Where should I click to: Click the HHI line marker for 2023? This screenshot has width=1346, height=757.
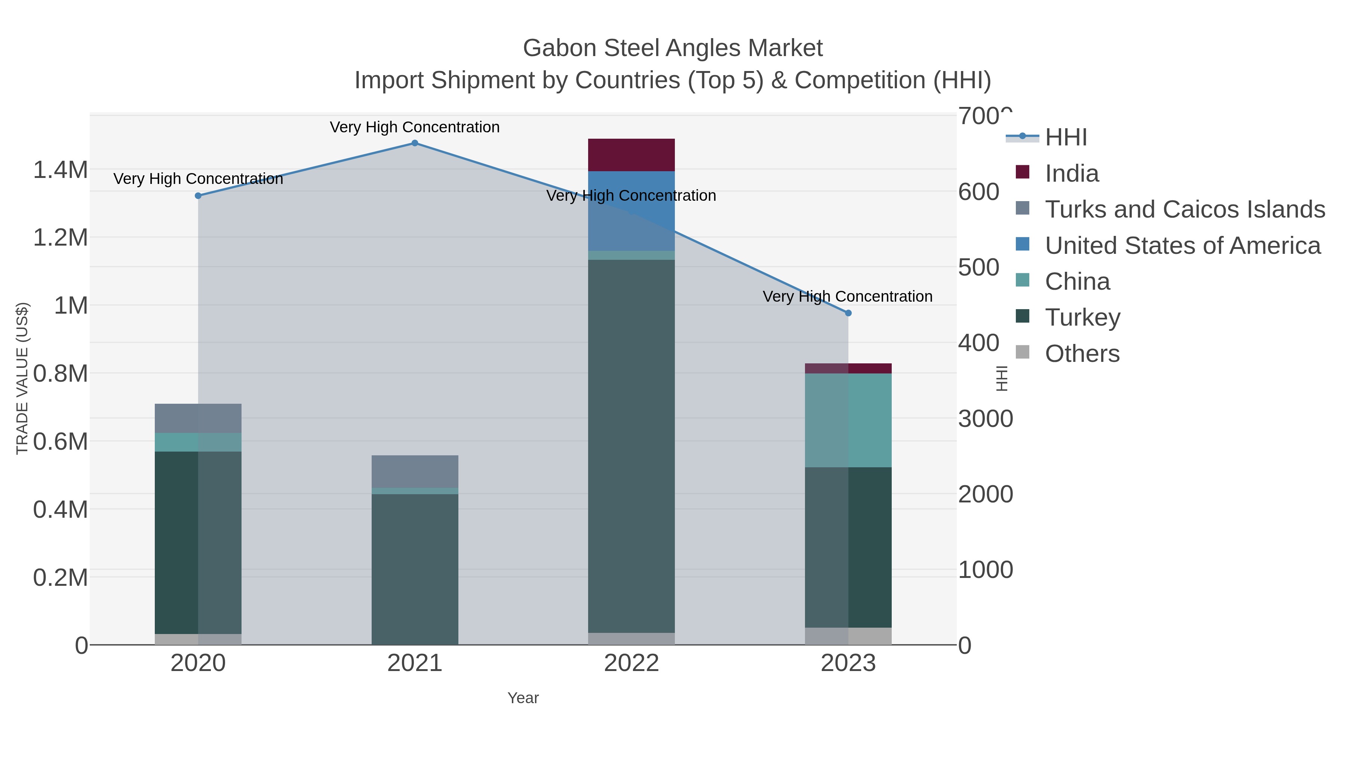(848, 313)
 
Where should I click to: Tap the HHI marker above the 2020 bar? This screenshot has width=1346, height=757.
(198, 196)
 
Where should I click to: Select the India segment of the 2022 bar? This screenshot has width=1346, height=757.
(631, 155)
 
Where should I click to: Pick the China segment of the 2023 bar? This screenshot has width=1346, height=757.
(848, 420)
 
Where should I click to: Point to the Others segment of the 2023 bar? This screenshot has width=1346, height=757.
(848, 636)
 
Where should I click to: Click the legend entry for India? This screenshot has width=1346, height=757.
(1072, 173)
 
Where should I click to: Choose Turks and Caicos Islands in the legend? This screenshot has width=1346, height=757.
(1184, 209)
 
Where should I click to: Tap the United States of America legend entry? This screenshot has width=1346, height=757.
(1183, 246)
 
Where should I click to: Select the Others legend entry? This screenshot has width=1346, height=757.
(1082, 354)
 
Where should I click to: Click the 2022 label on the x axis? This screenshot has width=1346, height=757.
(631, 664)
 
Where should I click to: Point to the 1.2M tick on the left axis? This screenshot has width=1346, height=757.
(61, 238)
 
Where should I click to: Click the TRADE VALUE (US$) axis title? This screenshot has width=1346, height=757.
(22, 378)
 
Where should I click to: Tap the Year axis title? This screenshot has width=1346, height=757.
(523, 698)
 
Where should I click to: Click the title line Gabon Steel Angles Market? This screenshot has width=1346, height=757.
(673, 48)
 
